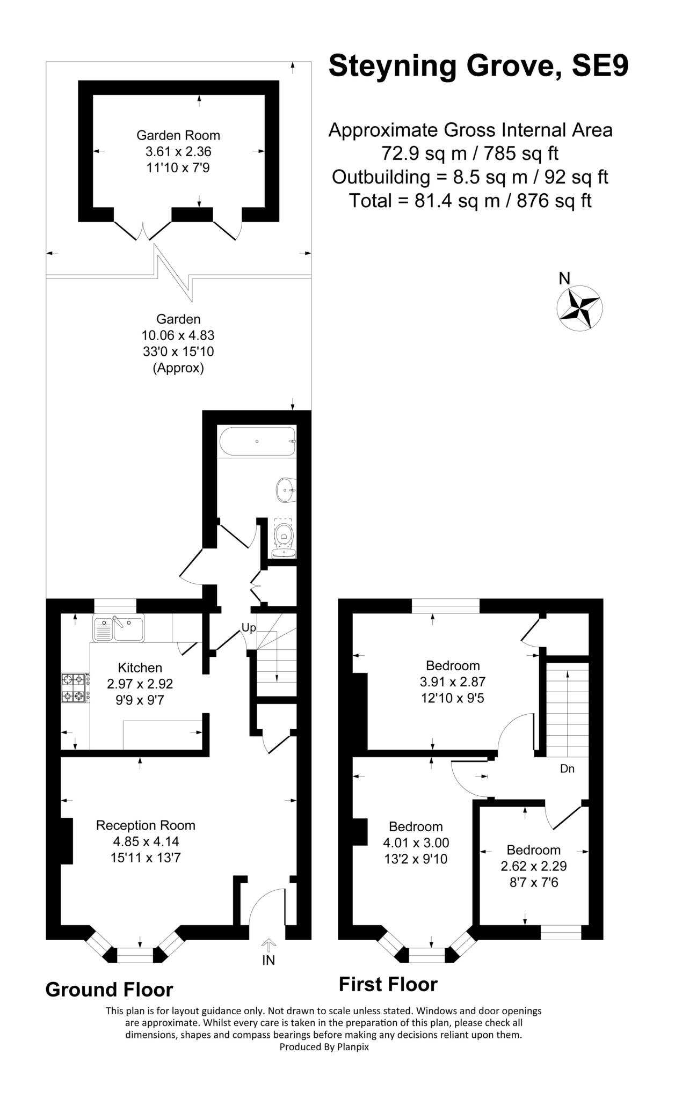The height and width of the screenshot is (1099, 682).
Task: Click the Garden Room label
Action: (178, 135)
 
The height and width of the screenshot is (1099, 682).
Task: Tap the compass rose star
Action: (579, 309)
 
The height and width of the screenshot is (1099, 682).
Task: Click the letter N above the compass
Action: (564, 278)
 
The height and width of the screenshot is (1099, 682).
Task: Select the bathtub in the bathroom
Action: (257, 441)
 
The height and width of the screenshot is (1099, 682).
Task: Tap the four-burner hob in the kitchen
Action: (75, 688)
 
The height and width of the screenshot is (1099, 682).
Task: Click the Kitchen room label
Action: (140, 668)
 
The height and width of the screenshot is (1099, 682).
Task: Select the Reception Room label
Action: (146, 825)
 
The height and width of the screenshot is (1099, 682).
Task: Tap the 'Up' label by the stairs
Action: (249, 627)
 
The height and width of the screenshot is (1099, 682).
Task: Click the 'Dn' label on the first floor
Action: (567, 768)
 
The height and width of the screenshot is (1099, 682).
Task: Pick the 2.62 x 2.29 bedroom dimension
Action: (534, 866)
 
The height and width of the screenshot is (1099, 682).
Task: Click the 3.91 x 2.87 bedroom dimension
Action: (453, 682)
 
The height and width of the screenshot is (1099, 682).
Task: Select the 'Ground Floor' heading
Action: (109, 990)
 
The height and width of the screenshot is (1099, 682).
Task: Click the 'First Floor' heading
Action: (388, 984)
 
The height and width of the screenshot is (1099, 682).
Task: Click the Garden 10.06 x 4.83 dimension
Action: (178, 335)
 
